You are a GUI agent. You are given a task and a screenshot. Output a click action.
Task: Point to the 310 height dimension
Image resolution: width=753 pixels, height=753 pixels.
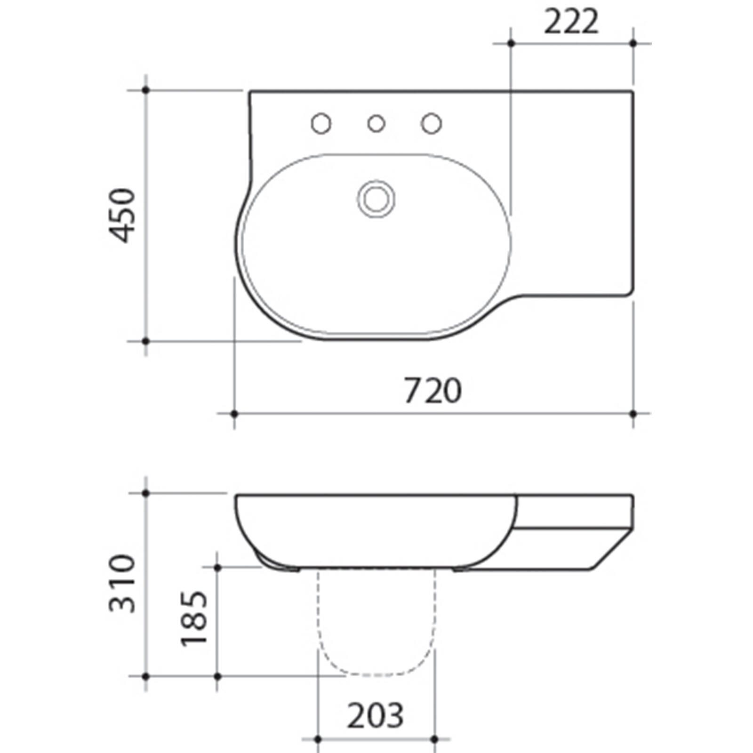pos(122,584)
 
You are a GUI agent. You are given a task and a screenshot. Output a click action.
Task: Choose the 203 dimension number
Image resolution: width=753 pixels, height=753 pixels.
pos(375,716)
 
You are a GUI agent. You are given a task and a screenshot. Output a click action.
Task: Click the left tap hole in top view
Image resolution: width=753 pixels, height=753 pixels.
pos(321,124)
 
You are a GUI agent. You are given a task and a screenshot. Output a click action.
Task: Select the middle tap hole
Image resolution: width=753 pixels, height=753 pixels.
pos(376,124)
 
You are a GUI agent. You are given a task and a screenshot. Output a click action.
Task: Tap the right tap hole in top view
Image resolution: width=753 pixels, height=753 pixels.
pos(431,123)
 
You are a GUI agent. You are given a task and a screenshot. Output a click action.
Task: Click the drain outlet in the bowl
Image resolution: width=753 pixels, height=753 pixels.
pos(376,199)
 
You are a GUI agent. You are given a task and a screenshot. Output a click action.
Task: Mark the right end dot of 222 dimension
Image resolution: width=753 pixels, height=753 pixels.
pos(633,43)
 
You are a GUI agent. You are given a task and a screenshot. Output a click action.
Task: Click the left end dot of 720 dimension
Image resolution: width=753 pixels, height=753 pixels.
pos(234,414)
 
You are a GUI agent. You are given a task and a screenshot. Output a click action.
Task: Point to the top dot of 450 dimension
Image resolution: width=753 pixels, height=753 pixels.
pos(145,89)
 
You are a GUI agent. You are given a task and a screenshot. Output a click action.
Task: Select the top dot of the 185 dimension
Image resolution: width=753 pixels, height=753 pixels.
pos(217,568)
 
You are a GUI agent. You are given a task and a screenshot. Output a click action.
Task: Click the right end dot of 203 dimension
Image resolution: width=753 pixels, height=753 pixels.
pos(434,739)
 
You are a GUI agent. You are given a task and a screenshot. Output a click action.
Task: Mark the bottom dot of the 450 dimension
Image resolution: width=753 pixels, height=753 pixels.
pos(145,341)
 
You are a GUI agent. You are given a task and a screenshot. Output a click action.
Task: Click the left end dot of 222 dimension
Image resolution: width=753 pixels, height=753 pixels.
pos(511,43)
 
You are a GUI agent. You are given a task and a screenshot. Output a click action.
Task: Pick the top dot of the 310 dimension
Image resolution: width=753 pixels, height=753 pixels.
pos(145,493)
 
